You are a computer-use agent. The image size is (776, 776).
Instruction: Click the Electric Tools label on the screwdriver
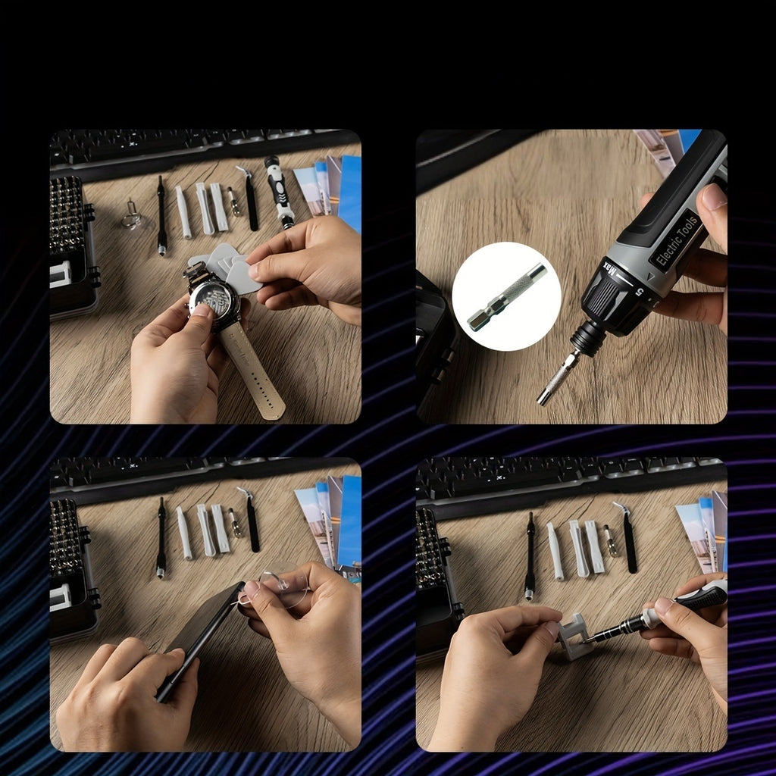[677, 240]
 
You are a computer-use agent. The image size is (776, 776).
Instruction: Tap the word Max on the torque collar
[608, 271]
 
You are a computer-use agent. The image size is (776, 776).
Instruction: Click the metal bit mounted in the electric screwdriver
[558, 376]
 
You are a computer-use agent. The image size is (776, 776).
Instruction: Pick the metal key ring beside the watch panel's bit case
[132, 217]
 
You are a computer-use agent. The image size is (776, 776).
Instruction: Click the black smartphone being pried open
[199, 637]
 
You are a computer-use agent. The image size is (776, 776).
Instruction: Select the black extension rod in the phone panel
[161, 538]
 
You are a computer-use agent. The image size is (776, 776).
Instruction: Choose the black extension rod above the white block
[530, 556]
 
